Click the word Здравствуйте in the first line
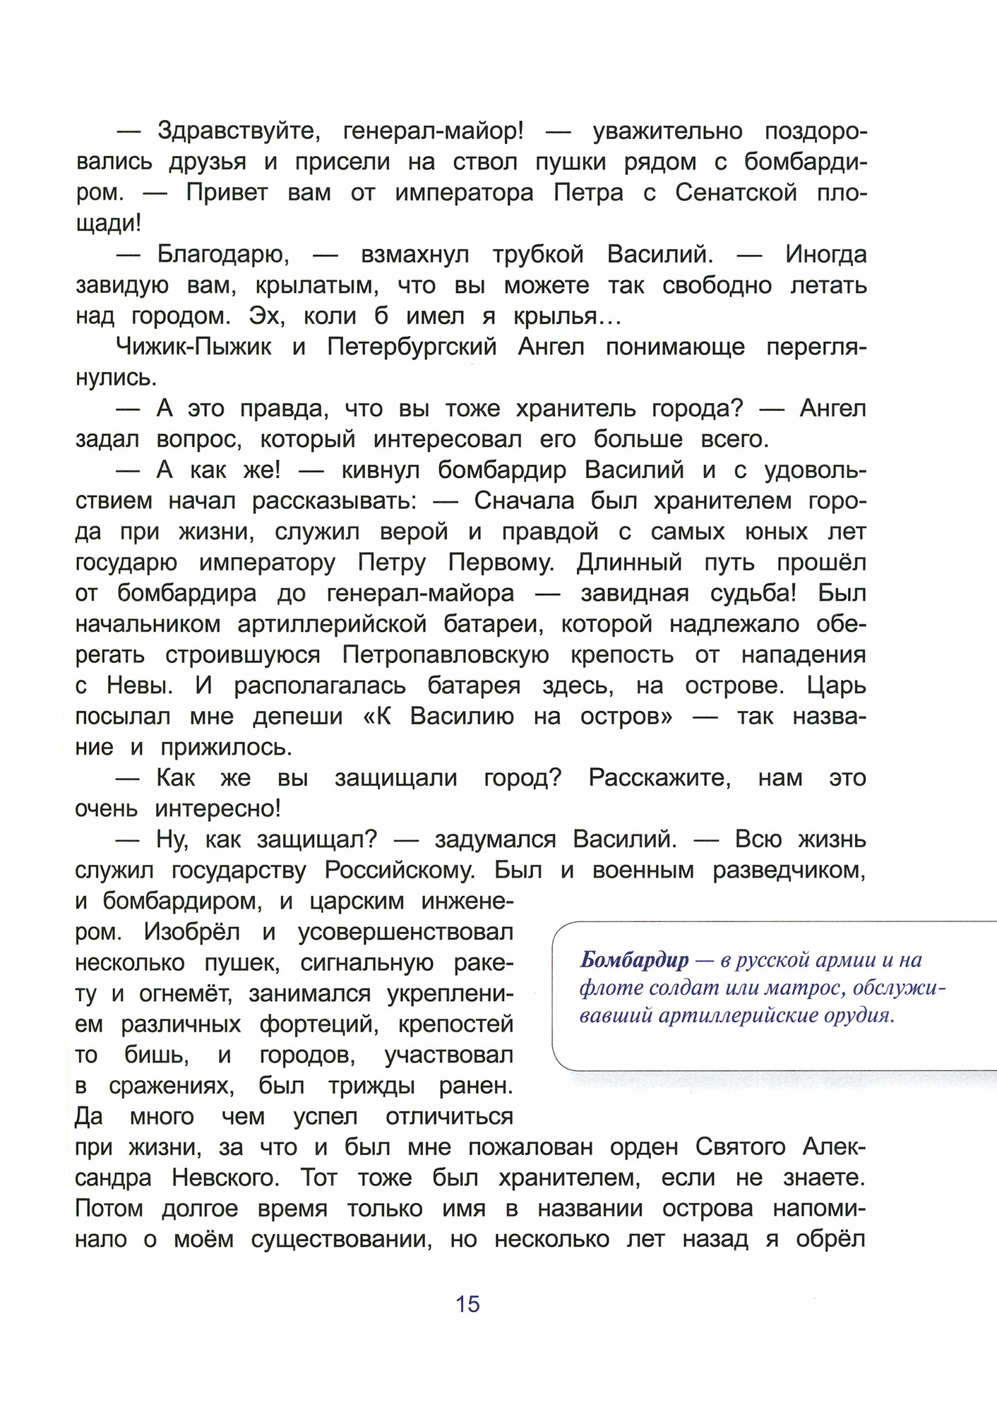pos(239,131)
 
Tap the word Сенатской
pos(736,193)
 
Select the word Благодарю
pos(223,255)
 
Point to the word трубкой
pos(538,255)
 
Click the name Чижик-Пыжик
pos(193,347)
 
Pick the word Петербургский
pos(412,347)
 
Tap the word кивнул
pos(381,470)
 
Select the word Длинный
pos(629,563)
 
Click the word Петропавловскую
pos(446,655)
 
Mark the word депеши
pos(298,717)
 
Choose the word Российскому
pos(400,870)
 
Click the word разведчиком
pos(789,870)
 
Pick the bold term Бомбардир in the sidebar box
pos(634,960)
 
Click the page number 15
pos(467,1304)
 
